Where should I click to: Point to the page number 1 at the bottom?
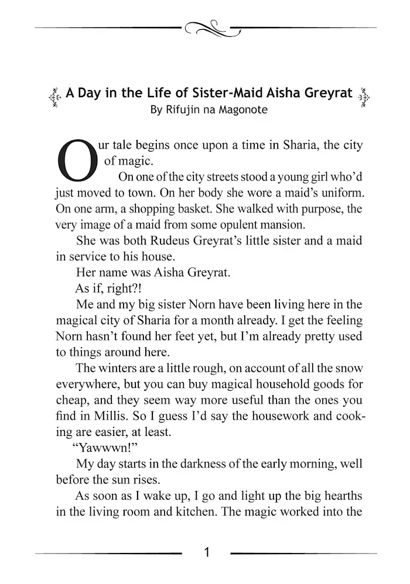[x=206, y=552]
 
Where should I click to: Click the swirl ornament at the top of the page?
[x=206, y=27]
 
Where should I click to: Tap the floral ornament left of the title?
[x=54, y=95]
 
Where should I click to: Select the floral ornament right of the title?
[x=364, y=95]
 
